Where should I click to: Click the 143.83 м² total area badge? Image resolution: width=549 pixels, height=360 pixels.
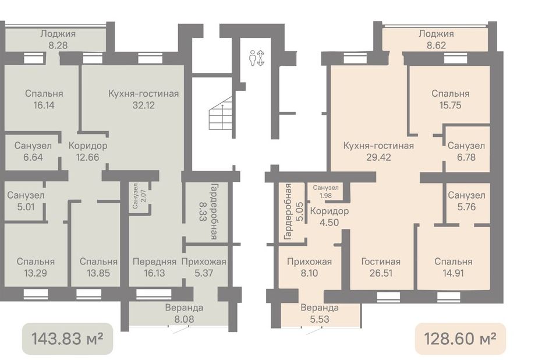[67, 338]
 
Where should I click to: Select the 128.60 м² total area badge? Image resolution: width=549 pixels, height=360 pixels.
[460, 338]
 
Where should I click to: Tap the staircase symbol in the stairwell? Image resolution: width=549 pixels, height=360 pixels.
[221, 113]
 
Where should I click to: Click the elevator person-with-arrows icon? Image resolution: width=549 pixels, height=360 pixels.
[257, 58]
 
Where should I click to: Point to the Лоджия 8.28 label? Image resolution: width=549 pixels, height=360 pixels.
[58, 39]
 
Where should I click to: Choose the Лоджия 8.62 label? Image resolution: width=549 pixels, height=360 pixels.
[436, 39]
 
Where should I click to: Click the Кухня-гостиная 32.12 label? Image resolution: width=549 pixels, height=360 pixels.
[144, 99]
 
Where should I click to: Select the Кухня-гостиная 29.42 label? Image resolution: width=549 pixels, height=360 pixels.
[378, 151]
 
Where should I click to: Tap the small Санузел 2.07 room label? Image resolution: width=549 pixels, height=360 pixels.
[139, 196]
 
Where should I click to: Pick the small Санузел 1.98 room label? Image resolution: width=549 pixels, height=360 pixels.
[325, 192]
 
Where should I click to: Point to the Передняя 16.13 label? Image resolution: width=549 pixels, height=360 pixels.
[154, 267]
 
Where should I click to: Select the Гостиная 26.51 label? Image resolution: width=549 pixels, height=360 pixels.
[381, 267]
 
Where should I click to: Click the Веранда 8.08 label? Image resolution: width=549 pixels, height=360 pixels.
[184, 313]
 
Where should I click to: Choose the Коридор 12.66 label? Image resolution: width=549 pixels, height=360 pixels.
[88, 151]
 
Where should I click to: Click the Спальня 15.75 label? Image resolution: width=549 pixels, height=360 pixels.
[450, 99]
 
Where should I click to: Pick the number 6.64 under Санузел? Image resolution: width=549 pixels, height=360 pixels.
[33, 157]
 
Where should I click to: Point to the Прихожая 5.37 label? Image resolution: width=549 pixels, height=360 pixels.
[204, 267]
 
